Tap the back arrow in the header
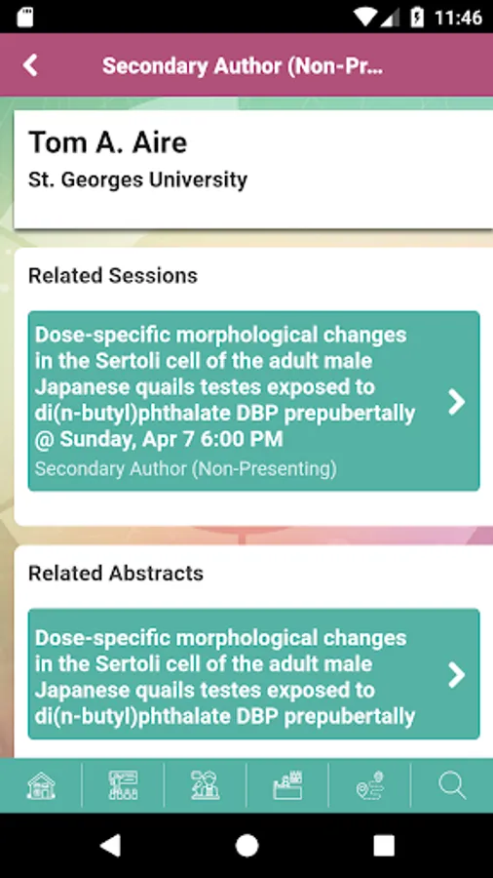(30, 65)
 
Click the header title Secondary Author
(244, 66)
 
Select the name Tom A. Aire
(107, 142)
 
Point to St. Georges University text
(137, 180)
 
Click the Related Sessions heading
(113, 275)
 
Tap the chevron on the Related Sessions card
(457, 401)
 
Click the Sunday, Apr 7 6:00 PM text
(171, 439)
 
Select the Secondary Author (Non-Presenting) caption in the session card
(185, 468)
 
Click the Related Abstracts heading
(116, 574)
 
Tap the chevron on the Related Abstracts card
(457, 675)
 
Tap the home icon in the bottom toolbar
(41, 785)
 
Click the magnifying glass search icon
(452, 785)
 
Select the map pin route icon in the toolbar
(369, 785)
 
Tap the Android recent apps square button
(384, 846)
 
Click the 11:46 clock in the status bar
(458, 18)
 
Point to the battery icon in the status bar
(417, 17)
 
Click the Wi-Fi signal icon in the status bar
(366, 17)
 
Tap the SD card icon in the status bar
(25, 17)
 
